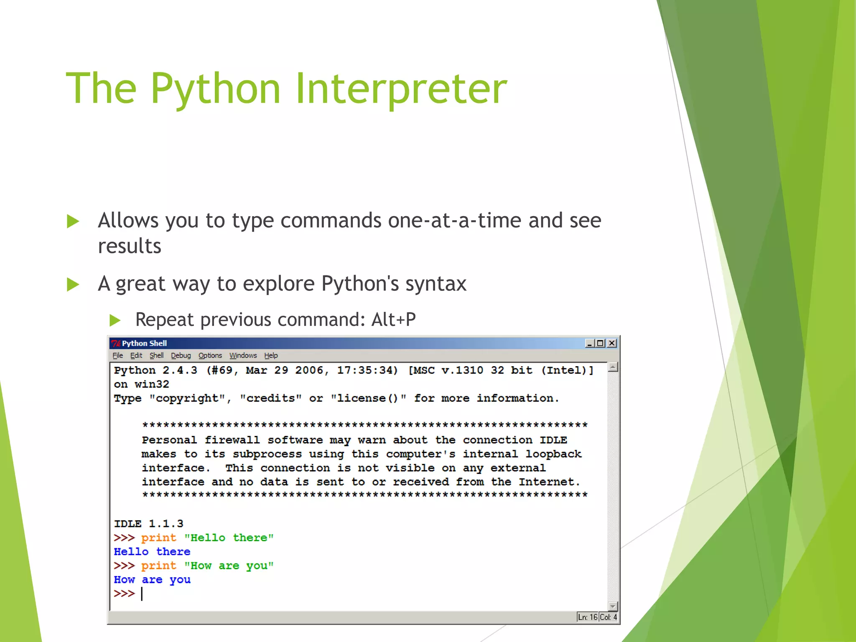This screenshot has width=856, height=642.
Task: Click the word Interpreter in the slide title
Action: click(x=401, y=89)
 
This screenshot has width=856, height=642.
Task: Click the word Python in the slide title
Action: click(x=215, y=89)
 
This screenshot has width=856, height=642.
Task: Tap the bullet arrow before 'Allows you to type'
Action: click(x=73, y=221)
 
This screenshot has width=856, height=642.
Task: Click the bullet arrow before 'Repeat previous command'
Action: click(x=115, y=321)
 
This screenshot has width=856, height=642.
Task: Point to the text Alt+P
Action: click(x=393, y=320)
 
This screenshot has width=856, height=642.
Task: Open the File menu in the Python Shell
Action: click(x=117, y=356)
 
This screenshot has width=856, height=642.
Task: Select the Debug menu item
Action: click(x=181, y=356)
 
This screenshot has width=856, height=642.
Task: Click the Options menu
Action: click(x=210, y=356)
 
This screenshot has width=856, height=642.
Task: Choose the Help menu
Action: click(x=270, y=356)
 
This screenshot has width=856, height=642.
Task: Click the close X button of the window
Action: click(x=612, y=343)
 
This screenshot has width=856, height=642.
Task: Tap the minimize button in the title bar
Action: click(x=590, y=343)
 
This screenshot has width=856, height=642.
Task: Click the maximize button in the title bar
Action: click(x=601, y=343)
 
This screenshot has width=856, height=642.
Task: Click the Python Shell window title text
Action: click(x=144, y=343)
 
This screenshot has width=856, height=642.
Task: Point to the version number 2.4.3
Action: click(x=180, y=370)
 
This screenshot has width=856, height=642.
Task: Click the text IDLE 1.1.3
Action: click(x=148, y=524)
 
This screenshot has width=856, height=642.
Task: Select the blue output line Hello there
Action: click(x=152, y=552)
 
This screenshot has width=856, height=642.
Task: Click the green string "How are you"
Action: click(x=229, y=566)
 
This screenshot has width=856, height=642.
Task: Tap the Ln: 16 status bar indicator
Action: click(x=587, y=617)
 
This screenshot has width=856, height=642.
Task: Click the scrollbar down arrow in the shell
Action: click(x=613, y=606)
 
